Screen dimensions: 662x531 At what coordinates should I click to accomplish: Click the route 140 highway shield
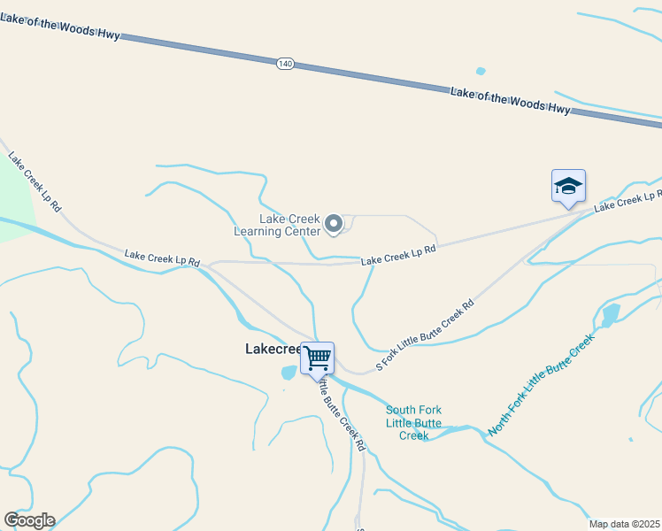pos(284,65)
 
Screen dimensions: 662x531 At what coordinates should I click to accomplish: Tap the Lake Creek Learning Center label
pos(277,225)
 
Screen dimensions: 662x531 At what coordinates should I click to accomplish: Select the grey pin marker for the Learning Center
pos(334,225)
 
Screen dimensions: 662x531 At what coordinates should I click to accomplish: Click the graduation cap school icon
pos(568,186)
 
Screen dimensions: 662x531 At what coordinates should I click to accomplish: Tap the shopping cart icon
pos(318,358)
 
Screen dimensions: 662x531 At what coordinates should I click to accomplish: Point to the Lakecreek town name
pos(273,350)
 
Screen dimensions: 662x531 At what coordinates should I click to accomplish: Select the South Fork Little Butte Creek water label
pos(413,422)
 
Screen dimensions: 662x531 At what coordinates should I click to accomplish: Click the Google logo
pos(29,520)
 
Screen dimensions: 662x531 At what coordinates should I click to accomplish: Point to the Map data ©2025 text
pos(623,524)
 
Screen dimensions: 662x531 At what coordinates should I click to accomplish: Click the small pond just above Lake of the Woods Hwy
pos(481,71)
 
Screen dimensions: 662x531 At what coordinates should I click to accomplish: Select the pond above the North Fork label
pos(610,315)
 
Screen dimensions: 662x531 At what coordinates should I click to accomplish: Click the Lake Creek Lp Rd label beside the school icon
pos(628,200)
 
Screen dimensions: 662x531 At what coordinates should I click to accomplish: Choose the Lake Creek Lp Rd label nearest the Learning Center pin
pos(398,255)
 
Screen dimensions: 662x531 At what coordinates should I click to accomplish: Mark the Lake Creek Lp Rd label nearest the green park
pos(35,182)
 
